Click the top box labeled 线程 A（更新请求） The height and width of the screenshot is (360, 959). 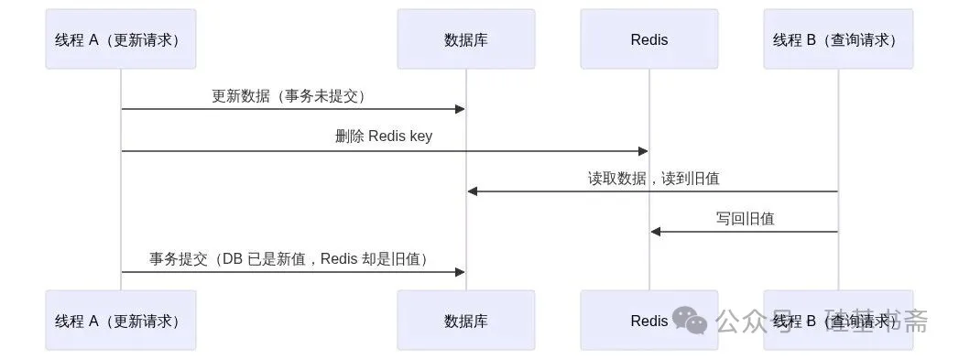pos(121,38)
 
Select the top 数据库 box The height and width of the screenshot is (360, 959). pos(466,38)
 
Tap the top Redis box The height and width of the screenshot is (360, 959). pos(648,38)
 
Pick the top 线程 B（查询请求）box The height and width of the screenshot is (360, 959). pos(838,38)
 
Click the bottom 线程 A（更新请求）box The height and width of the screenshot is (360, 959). pos(121,321)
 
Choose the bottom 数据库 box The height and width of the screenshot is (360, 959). pos(466,321)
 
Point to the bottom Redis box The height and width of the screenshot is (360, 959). pos(648,321)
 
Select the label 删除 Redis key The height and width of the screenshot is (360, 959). pos(384,136)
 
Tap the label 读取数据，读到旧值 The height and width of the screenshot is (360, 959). pos(654,178)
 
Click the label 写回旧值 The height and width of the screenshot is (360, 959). pos(745,218)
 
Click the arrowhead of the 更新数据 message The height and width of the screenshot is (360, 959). pos(460,109)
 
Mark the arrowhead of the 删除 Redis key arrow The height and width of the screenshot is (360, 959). pos(643,151)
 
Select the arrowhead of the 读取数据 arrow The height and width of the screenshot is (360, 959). pos(473,191)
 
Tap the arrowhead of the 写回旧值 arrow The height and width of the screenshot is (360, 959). pos(656,232)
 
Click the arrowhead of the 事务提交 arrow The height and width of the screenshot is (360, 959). pos(460,272)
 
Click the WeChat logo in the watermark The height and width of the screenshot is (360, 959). pos(690,321)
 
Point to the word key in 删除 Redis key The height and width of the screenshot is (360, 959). pos(420,136)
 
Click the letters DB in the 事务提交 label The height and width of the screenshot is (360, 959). pos(233,258)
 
